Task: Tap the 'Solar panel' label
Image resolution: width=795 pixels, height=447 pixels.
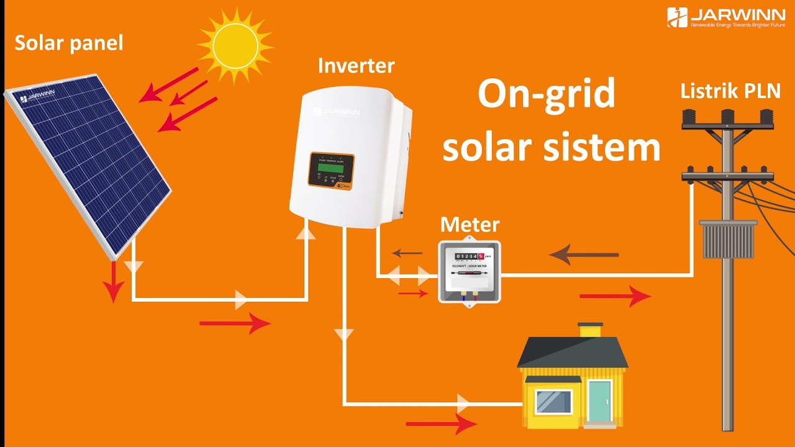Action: (x=69, y=43)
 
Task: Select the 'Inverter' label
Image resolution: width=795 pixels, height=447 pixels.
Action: (x=356, y=66)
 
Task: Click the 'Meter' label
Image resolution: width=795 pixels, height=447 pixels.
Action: (x=470, y=224)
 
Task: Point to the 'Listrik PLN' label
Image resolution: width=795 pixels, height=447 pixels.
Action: (x=730, y=91)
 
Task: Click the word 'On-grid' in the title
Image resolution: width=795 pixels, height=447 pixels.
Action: (x=547, y=94)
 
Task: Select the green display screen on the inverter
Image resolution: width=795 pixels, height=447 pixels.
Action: (x=332, y=165)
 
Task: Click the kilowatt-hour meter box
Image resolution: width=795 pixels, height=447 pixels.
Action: (x=470, y=271)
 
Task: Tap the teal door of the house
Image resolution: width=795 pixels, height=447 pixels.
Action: (x=600, y=401)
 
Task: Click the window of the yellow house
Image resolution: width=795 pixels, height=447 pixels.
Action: (x=553, y=402)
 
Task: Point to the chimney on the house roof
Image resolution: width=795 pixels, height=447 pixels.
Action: (x=590, y=330)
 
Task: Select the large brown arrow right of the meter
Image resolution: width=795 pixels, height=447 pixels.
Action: (x=584, y=255)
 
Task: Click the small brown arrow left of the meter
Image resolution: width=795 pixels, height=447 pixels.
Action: (x=407, y=253)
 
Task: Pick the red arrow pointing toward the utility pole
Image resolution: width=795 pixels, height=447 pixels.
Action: (x=614, y=297)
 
